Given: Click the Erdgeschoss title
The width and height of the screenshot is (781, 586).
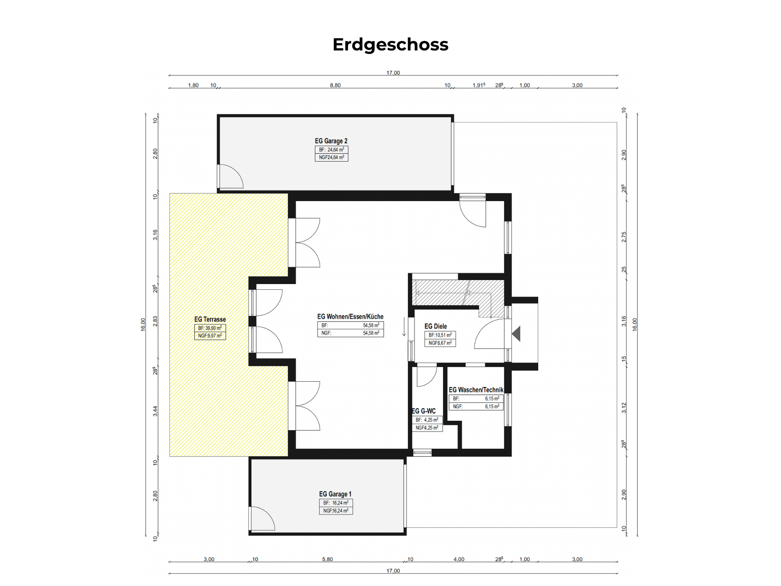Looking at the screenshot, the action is point(390,45).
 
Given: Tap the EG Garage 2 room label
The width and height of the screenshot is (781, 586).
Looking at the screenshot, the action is point(331,141).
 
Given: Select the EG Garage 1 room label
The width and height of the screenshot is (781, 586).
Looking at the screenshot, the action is point(335,494).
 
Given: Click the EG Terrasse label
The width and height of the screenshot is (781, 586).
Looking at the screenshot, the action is point(210,319).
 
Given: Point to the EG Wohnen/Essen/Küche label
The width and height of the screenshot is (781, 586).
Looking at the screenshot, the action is point(350,317).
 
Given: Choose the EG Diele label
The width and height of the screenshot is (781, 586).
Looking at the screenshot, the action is point(436,326).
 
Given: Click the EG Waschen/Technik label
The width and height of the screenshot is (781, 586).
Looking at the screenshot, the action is point(476,390).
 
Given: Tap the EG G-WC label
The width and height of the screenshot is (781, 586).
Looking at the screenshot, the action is point(424,411).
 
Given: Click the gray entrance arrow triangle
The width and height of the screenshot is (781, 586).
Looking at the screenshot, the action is point(516,334).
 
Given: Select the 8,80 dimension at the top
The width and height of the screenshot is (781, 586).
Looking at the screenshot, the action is point(335,85).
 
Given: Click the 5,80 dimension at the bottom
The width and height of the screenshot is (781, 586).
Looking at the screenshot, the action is point(327,559).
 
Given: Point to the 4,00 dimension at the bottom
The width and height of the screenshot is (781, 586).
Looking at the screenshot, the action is point(459,559).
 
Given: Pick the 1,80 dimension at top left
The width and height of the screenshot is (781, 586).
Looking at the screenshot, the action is point(193,85).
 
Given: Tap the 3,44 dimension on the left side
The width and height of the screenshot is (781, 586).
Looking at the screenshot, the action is point(155,411).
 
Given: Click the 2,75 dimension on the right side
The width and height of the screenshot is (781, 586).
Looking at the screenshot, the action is point(624,237).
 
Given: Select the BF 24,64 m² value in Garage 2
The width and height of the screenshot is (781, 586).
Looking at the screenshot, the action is point(332,150).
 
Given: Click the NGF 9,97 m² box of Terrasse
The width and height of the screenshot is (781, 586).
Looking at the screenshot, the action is point(210,336).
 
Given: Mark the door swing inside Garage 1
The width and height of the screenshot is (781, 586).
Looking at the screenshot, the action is point(263,518).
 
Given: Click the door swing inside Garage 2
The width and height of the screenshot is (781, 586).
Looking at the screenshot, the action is point(231,176).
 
